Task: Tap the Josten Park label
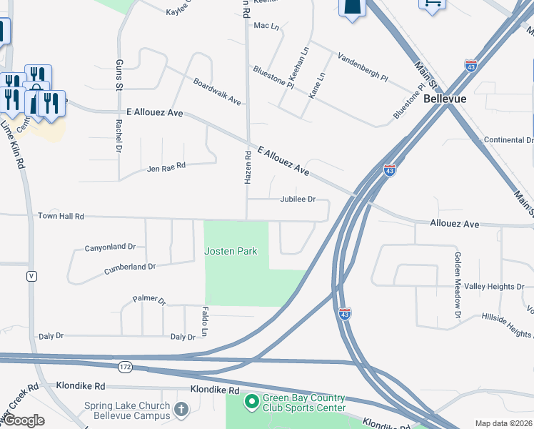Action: [x=231, y=251]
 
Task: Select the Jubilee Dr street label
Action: [x=298, y=200]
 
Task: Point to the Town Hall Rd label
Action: [x=61, y=216]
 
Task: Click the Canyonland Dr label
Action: [x=110, y=247]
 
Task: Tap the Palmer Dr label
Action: [x=148, y=300]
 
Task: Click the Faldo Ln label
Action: [x=204, y=322]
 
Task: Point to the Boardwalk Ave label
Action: [x=217, y=92]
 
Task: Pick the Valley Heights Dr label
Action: [x=494, y=287]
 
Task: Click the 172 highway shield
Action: [x=126, y=367]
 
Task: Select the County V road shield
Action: [x=31, y=275]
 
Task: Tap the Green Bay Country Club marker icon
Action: [x=251, y=403]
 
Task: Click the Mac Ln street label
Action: [x=266, y=26]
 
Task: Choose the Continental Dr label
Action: [x=508, y=140]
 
